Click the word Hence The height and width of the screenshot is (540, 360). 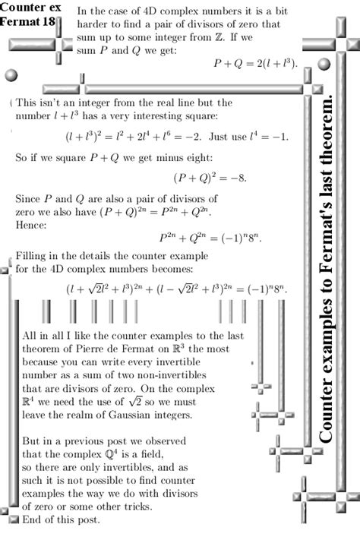pos(31,225)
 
